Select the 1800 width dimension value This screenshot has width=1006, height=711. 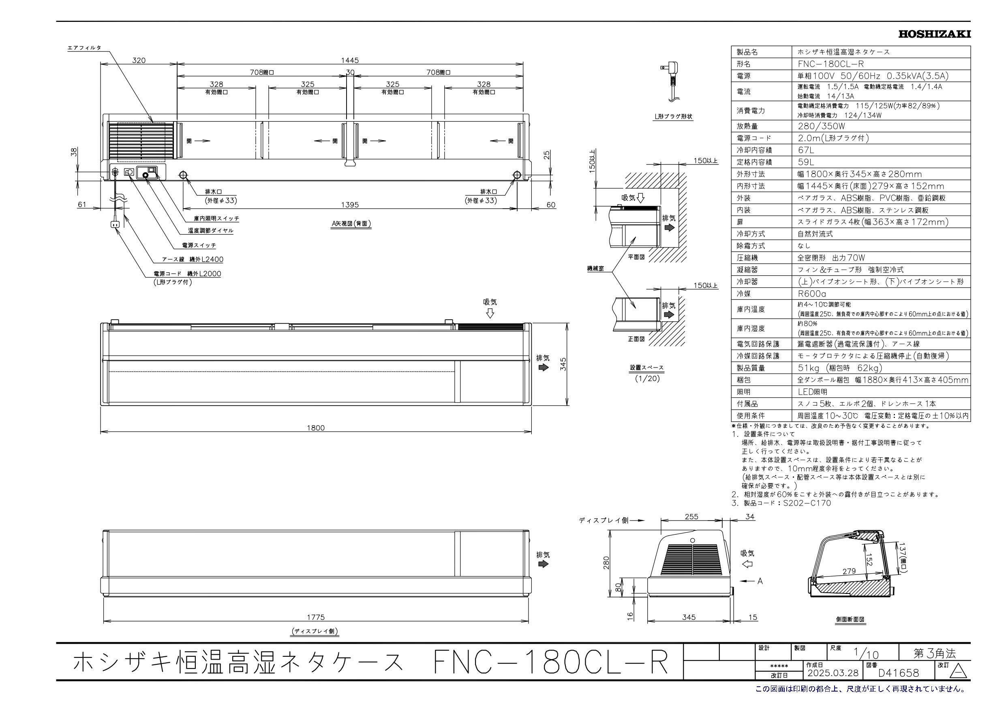click(x=315, y=427)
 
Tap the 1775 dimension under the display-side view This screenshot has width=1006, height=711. click(x=315, y=617)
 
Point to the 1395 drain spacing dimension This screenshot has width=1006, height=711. click(x=350, y=205)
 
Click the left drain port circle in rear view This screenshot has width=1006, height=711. click(x=183, y=176)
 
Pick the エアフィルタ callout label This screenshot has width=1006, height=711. click(x=84, y=47)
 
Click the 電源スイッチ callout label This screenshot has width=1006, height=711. click(x=199, y=246)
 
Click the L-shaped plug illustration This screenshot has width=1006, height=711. click(x=671, y=83)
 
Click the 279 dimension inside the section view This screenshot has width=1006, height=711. click(x=849, y=571)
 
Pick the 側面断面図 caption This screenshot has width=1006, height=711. click(x=850, y=619)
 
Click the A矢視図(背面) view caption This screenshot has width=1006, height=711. click(x=351, y=223)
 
